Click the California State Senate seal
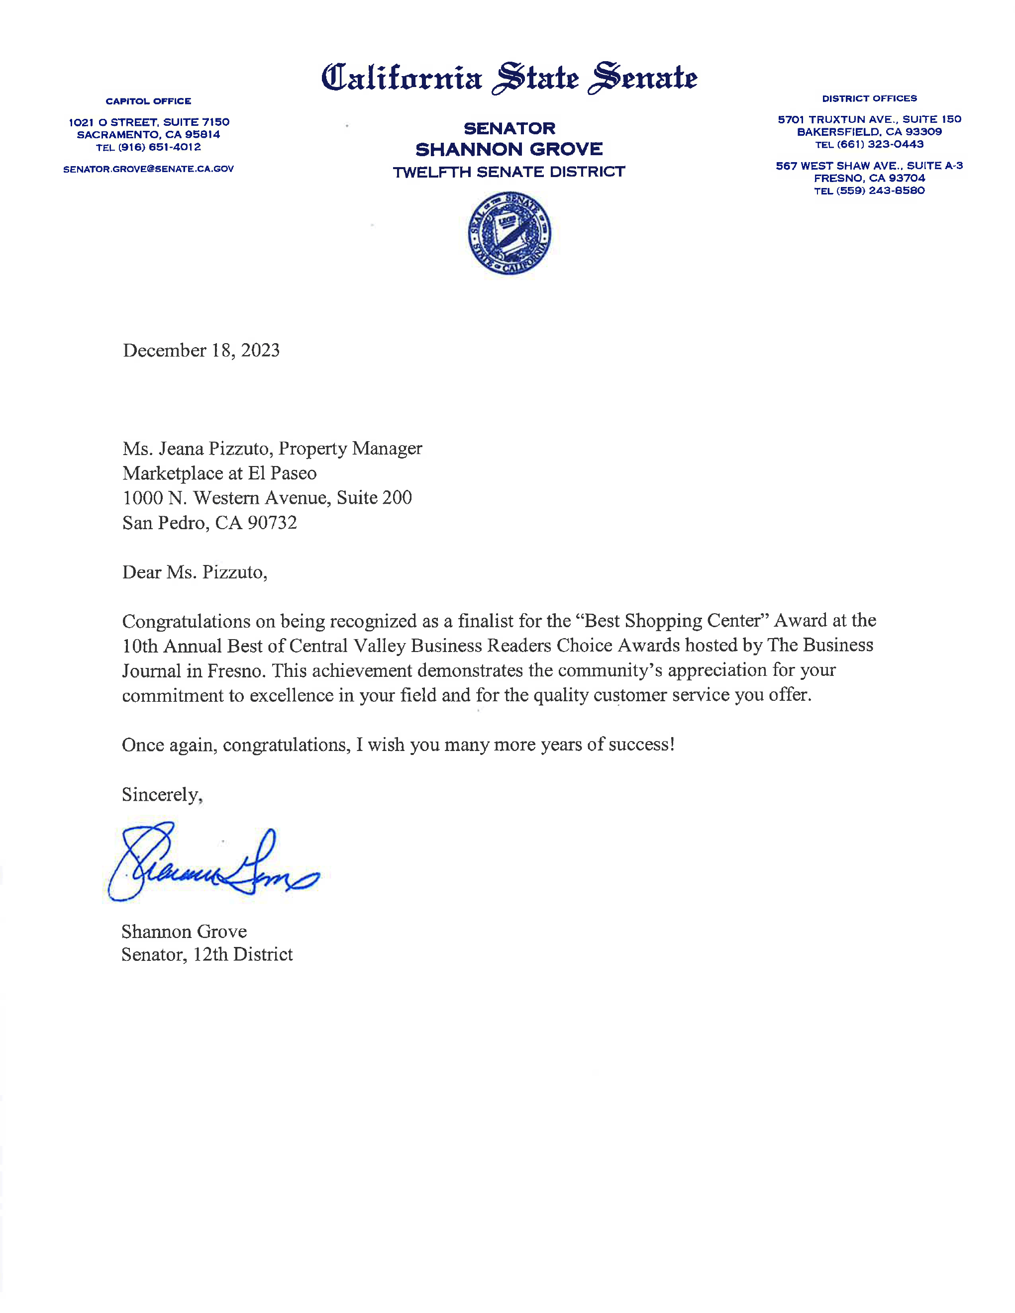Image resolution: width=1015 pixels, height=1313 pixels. click(508, 233)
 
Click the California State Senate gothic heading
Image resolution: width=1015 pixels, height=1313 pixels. click(508, 78)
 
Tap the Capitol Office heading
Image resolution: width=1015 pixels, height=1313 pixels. click(149, 101)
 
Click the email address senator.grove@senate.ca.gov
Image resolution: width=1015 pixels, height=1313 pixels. click(149, 169)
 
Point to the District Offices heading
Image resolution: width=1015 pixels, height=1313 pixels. click(869, 98)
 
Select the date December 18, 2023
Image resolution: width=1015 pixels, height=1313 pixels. click(201, 351)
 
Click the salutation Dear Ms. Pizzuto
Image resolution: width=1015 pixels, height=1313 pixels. click(194, 572)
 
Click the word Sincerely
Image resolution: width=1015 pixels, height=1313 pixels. click(161, 794)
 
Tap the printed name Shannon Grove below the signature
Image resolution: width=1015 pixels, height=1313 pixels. click(184, 931)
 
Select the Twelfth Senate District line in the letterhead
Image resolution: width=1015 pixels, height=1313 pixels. click(508, 172)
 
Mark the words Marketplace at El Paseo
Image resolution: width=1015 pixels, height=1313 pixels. click(219, 473)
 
